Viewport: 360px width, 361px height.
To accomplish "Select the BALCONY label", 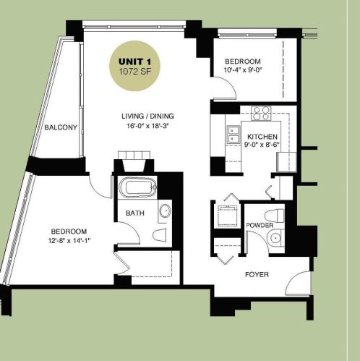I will point(60,128).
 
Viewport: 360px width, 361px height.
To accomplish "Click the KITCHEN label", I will point(262,137).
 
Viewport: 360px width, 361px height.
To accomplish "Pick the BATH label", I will point(134,213).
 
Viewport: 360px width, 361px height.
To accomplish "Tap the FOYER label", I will point(257,274).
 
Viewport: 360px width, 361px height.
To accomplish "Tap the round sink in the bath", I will point(164,212).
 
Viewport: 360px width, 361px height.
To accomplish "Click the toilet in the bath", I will point(160,237).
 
